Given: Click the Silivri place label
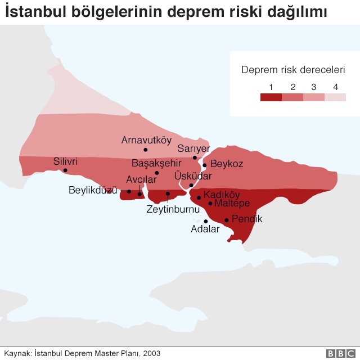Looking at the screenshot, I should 65,161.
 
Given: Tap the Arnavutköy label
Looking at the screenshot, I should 146,140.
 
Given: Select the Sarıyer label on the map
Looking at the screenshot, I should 193,148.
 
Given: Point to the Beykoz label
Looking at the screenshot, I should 226,164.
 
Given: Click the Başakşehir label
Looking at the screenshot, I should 156,163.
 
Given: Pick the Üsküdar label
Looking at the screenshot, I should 193,176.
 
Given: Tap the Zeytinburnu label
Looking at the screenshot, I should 173,209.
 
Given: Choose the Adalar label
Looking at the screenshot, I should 205,229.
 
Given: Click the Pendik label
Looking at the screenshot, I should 247,219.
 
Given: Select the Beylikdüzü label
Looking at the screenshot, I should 93,190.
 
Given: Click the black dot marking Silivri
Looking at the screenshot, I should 65,170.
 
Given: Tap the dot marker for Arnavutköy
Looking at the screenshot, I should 146,150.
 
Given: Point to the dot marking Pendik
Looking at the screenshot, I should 227,220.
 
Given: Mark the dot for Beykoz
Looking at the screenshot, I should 205,165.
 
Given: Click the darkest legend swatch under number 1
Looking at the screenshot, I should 271,97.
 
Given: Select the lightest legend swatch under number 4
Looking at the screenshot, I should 335,97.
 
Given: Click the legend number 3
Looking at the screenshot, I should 314,87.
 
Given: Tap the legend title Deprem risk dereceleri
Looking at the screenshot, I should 293,70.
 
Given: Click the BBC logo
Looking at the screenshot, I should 337,353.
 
